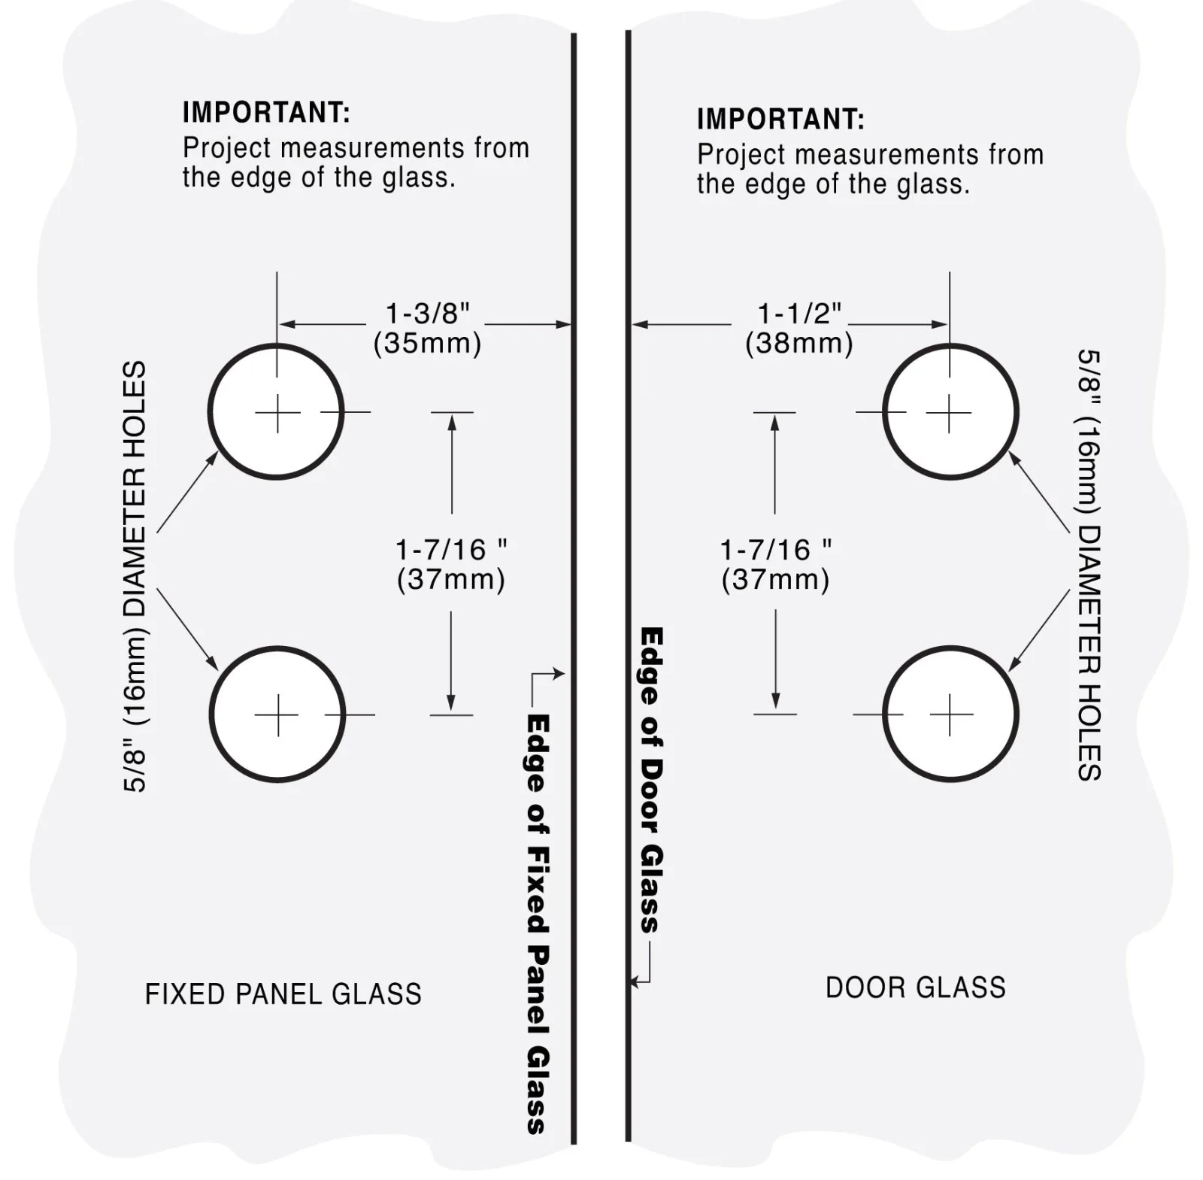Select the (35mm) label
[427, 343]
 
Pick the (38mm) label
[799, 343]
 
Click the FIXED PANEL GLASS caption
[283, 994]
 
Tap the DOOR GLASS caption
[916, 987]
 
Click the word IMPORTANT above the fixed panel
[266, 112]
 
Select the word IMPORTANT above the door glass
[780, 119]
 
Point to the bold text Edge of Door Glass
[651, 780]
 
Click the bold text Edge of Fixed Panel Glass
[538, 924]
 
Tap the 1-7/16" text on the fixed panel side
[451, 550]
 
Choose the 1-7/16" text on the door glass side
[776, 550]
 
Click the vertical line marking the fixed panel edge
[574, 588]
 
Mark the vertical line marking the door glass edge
[628, 586]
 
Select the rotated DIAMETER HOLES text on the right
[1090, 653]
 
